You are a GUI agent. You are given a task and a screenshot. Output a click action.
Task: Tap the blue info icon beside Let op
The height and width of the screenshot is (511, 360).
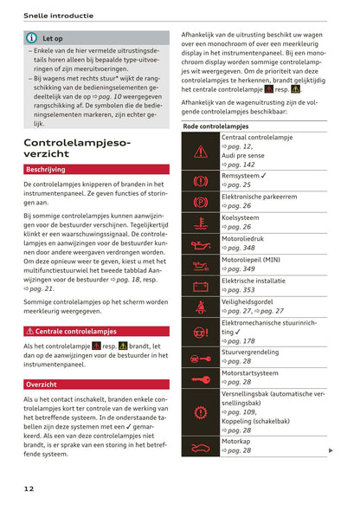pos(31,38)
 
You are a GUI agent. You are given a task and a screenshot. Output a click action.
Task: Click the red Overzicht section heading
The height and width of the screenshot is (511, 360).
pos(42,384)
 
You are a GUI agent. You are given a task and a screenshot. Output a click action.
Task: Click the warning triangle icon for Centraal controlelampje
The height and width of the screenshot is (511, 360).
pos(201,151)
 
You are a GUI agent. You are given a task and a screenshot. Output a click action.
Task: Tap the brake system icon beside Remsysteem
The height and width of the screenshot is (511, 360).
pos(201,180)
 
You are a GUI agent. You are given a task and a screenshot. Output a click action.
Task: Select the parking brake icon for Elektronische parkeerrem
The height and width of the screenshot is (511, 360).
pos(201,201)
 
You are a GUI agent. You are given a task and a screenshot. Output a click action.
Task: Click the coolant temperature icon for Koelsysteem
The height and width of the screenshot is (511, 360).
pos(201,222)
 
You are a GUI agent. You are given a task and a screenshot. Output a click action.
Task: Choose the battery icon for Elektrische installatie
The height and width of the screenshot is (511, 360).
pos(201,285)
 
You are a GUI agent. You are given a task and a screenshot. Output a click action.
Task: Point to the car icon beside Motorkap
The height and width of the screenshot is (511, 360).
pos(201,447)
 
